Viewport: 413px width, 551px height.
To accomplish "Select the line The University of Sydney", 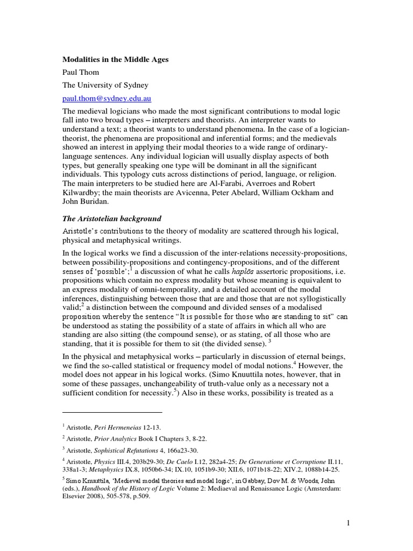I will click(106, 85).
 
